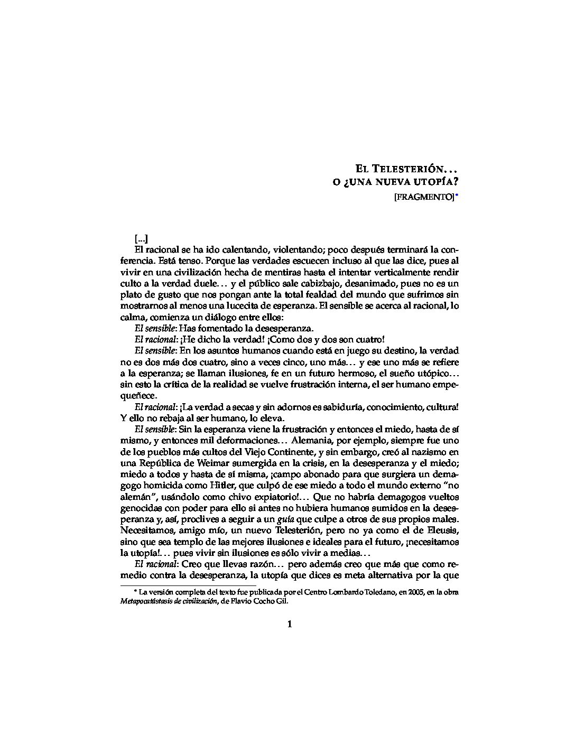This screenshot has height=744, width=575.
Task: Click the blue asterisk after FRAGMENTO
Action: coord(457,196)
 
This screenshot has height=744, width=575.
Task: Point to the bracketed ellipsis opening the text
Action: coord(141,239)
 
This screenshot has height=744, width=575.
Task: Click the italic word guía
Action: coord(286,519)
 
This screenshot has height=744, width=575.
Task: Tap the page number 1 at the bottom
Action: coord(289,624)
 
